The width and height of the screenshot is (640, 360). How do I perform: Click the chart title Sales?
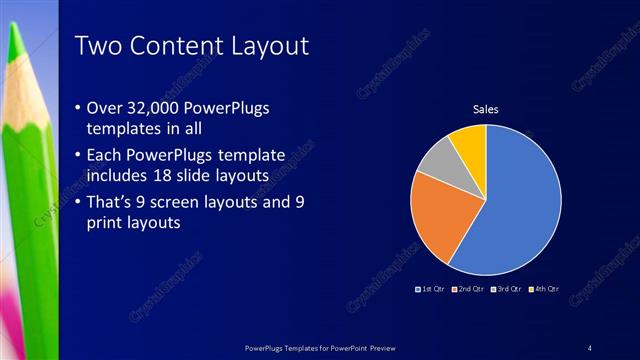[485, 109]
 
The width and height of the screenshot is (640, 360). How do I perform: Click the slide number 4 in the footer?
[589, 347]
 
